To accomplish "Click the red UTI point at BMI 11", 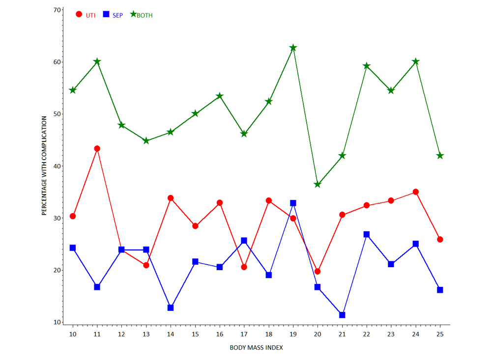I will point(97,148).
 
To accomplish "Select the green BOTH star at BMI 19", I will point(293,48).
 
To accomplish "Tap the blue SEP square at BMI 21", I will point(342,315).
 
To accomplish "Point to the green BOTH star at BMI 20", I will point(318,185).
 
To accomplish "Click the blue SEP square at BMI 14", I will point(171,307).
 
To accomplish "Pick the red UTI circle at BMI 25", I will point(440,239).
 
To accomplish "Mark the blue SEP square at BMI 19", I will point(293,203).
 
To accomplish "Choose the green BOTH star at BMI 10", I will point(73,90).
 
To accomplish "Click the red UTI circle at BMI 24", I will point(415,192).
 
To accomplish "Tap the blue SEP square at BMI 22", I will point(366,234).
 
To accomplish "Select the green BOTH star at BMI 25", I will point(440,156).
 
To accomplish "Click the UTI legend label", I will point(90,15).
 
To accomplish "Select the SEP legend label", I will point(117,15).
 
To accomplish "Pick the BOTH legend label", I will point(144,15).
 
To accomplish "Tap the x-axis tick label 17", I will point(244,334).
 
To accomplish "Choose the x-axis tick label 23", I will point(391,334).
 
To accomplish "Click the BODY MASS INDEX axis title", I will point(256,348).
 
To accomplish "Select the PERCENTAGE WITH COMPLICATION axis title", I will point(44,166).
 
